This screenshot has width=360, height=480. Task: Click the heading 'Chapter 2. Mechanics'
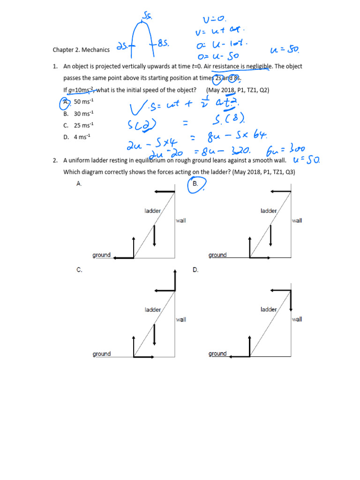point(81,50)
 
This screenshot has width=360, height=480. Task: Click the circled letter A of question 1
point(67,102)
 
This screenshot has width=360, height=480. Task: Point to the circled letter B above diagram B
point(196,184)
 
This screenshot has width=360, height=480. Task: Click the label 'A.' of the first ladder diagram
point(79,184)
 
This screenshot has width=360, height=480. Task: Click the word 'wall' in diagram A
point(181,221)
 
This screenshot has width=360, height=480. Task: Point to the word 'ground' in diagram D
point(217,354)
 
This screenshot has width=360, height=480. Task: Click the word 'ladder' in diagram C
point(153,310)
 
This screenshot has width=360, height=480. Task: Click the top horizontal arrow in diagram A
point(164,191)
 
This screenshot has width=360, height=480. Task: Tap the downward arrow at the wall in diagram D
point(291,300)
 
